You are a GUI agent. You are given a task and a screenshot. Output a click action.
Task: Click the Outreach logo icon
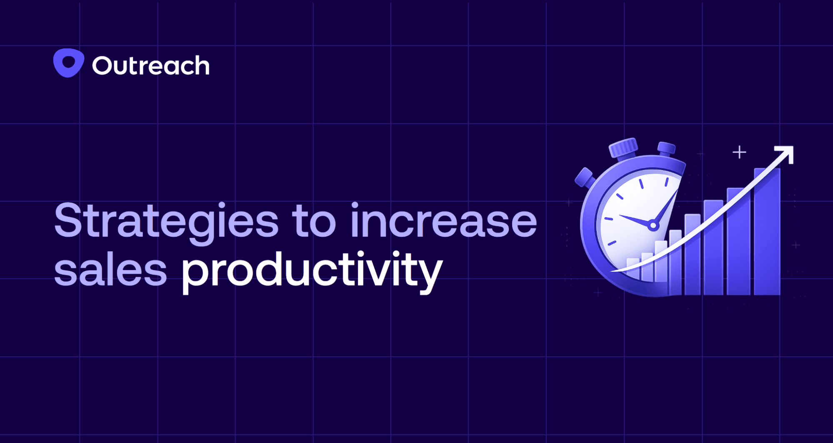click(69, 63)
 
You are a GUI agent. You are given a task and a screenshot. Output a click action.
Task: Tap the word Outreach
click(150, 66)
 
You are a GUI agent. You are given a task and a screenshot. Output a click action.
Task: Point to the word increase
click(443, 221)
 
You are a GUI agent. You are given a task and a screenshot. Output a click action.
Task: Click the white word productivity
click(312, 272)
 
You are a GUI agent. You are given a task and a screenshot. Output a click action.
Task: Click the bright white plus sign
click(739, 152)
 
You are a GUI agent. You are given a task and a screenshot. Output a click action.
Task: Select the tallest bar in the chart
click(767, 233)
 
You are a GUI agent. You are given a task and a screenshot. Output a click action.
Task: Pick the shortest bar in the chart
click(633, 268)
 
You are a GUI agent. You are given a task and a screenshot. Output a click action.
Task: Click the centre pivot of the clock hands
click(653, 226)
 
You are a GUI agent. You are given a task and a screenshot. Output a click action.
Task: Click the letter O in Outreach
click(102, 66)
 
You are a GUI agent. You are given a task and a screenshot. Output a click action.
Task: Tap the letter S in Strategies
click(67, 221)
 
